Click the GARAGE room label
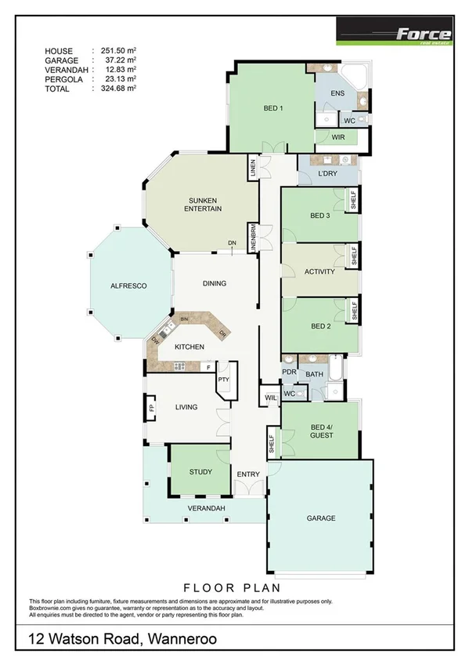pos(321,518)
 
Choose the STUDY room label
pos(200,472)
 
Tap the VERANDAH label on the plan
pos(207,510)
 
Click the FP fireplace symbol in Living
pos(153,407)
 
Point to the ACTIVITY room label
pos(319,272)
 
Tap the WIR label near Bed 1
pos(338,137)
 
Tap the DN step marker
pos(232,243)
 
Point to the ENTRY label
pos(248,474)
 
